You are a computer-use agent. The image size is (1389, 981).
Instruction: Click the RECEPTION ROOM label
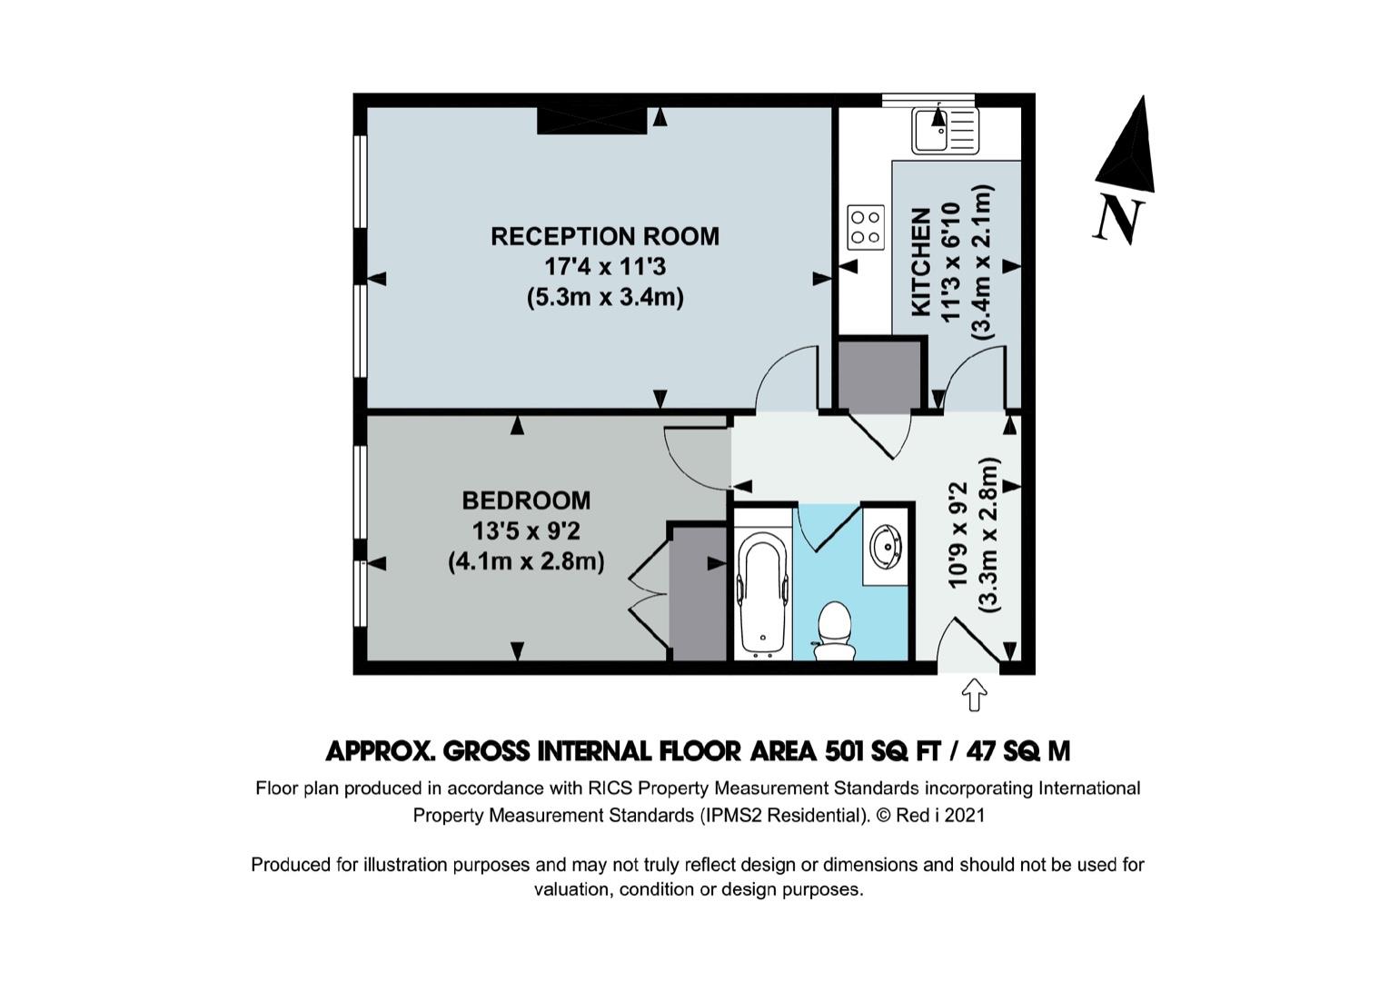(x=605, y=236)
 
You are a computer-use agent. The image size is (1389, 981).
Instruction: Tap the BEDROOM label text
(x=526, y=500)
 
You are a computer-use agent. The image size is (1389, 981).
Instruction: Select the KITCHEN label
(x=921, y=263)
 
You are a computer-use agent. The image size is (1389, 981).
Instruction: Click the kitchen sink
(x=945, y=131)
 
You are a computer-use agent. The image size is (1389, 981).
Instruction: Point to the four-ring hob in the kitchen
(x=866, y=228)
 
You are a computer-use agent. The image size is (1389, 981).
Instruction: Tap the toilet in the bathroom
(x=834, y=631)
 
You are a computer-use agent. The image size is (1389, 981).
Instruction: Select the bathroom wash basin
(x=887, y=547)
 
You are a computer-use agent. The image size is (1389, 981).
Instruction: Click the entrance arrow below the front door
(x=974, y=695)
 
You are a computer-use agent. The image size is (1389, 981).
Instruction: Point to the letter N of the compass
(x=1118, y=218)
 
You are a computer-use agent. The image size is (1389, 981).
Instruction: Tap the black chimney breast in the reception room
(x=591, y=120)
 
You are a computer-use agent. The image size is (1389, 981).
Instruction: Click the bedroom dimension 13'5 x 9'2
(x=526, y=531)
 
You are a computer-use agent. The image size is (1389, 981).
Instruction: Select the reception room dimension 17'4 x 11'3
(x=605, y=267)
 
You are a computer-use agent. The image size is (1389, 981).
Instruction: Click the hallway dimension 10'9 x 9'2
(x=957, y=535)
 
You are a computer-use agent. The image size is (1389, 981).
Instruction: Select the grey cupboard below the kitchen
(x=880, y=376)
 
